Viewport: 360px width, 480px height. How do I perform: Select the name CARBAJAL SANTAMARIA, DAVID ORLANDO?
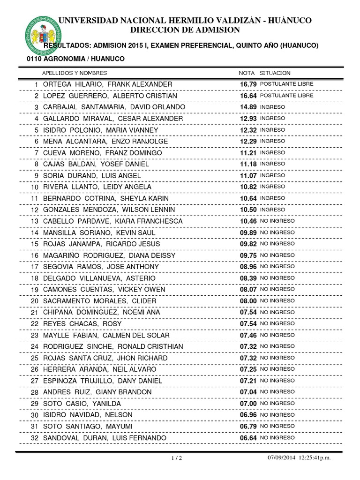tap(114, 107)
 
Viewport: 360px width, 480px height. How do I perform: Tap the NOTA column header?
tap(247, 73)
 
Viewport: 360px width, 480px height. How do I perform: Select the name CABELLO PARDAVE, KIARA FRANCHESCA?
tap(112, 221)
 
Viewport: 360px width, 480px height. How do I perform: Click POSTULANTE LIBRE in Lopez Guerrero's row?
tap(286, 95)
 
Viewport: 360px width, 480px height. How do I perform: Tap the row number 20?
tap(35, 301)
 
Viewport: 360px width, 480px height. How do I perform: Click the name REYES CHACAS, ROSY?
tap(82, 323)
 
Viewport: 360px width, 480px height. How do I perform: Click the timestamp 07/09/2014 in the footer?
tap(282, 458)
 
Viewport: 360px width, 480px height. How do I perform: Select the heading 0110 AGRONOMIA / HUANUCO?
tap(75, 59)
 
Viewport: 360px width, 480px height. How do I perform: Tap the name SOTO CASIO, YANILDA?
tap(82, 404)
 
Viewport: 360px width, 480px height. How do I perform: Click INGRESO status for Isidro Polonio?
tap(272, 129)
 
